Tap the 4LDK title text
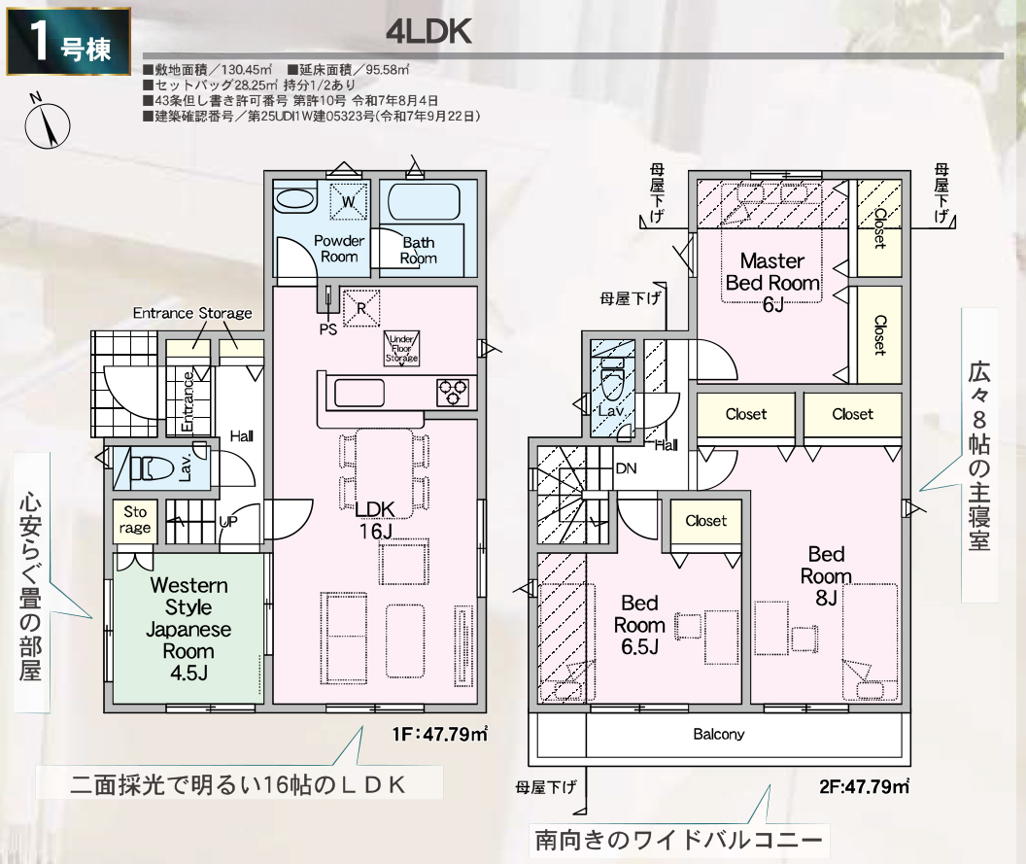(428, 32)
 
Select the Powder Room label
(339, 249)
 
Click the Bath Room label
(419, 250)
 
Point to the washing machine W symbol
(349, 201)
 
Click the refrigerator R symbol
(361, 308)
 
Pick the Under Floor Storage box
(401, 348)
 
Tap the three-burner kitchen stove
(453, 393)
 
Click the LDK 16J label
(375, 520)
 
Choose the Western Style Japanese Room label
(188, 629)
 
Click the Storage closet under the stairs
(135, 520)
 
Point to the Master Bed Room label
(772, 282)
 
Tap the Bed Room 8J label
(826, 575)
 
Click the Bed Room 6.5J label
(639, 625)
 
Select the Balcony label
(718, 735)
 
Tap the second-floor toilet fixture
(612, 386)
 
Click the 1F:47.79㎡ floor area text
(440, 734)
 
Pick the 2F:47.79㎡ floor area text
(864, 785)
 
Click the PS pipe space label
(327, 329)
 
